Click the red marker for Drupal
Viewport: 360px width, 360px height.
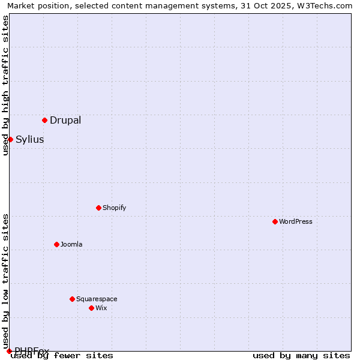click(44, 120)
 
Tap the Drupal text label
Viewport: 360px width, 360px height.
click(65, 120)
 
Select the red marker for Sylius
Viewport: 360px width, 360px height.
click(10, 139)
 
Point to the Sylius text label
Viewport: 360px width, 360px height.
click(30, 139)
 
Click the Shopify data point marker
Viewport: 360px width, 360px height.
click(98, 208)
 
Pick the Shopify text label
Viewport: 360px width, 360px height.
click(115, 208)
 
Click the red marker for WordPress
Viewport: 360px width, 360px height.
click(275, 221)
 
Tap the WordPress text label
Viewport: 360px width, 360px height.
click(296, 221)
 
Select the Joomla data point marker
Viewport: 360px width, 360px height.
click(56, 244)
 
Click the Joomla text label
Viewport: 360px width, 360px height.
click(71, 244)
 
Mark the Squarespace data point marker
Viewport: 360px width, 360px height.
click(72, 299)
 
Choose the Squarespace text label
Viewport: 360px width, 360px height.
click(97, 299)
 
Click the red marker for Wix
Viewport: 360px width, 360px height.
click(91, 308)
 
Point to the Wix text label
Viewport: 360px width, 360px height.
click(101, 308)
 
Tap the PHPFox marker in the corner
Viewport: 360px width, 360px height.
click(9, 351)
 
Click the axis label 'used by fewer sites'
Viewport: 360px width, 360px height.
click(62, 355)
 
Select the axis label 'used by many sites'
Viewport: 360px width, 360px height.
click(301, 355)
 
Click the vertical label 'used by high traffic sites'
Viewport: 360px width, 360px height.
click(5, 85)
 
